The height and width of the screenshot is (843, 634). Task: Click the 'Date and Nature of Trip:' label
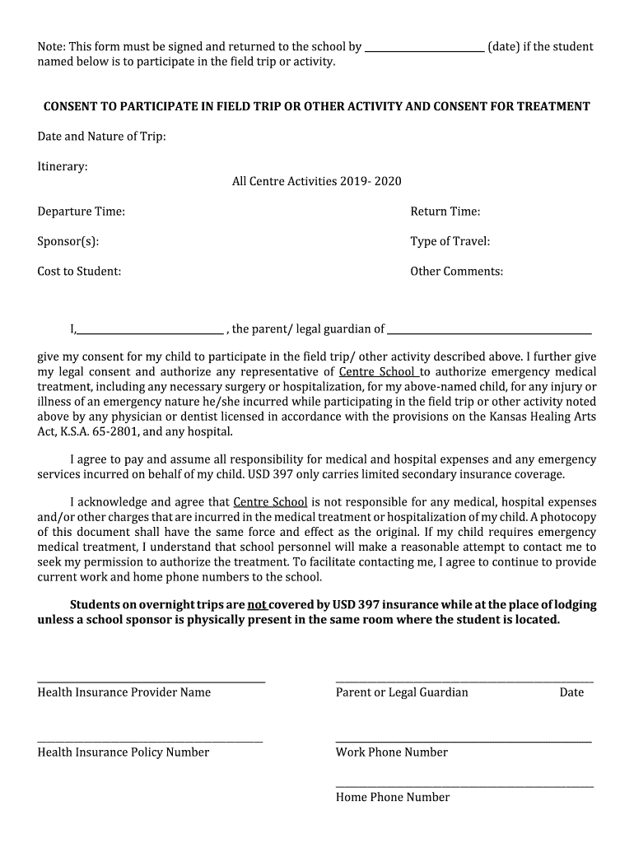click(101, 136)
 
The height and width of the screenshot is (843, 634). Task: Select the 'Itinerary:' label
click(63, 166)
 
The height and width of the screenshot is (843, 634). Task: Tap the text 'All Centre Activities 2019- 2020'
click(317, 181)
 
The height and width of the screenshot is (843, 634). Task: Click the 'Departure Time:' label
click(81, 212)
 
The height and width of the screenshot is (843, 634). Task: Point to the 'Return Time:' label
click(445, 212)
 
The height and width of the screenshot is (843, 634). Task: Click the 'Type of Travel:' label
click(450, 241)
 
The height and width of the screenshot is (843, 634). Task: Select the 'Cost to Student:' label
click(79, 271)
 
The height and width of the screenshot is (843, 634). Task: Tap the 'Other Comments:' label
click(456, 271)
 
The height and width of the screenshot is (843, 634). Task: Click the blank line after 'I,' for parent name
click(150, 333)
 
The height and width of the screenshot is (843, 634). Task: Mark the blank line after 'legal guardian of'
click(489, 333)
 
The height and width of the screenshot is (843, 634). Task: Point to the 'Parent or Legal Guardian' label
click(402, 692)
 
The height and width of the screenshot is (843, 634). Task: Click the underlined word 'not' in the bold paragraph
click(256, 604)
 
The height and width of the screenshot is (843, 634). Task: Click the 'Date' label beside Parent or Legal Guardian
click(571, 692)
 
